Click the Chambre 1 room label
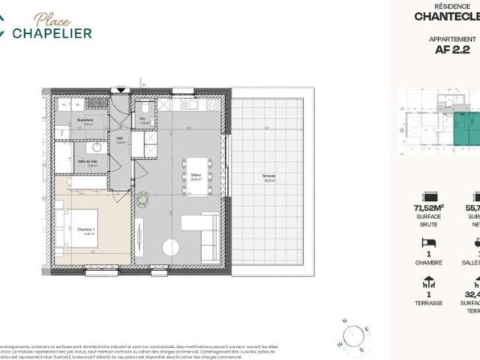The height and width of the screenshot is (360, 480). coord(83,211)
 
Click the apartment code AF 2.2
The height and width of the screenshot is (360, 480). coord(451,51)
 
